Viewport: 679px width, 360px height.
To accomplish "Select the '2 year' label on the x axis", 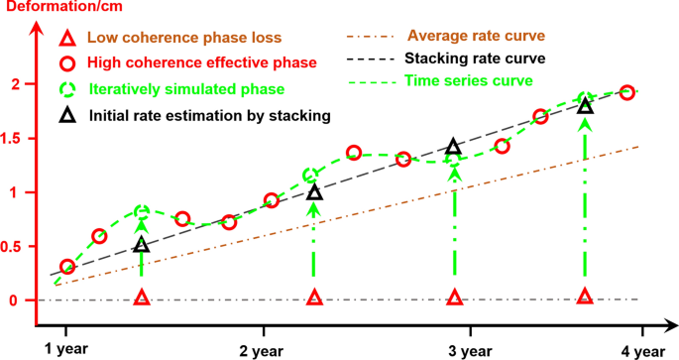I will click(x=264, y=350).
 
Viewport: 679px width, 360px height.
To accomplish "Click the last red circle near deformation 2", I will click(x=626, y=92).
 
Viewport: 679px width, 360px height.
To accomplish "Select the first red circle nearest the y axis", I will click(x=67, y=267).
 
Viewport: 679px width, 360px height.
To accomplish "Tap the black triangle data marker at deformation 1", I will click(x=314, y=192).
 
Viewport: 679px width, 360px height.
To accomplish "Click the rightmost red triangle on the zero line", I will click(x=585, y=298).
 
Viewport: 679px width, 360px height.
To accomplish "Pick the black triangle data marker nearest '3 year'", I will click(x=454, y=148).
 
